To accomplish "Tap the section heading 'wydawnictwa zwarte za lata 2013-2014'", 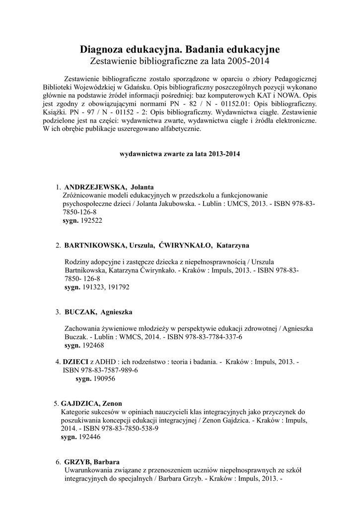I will point(180,154).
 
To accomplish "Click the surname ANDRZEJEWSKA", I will point(93,188).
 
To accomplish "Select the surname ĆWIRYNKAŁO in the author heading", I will point(186,246).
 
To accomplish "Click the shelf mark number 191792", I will point(118,287).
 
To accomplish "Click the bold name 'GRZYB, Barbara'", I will point(92,462).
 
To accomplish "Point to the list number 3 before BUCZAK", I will point(58,312).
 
